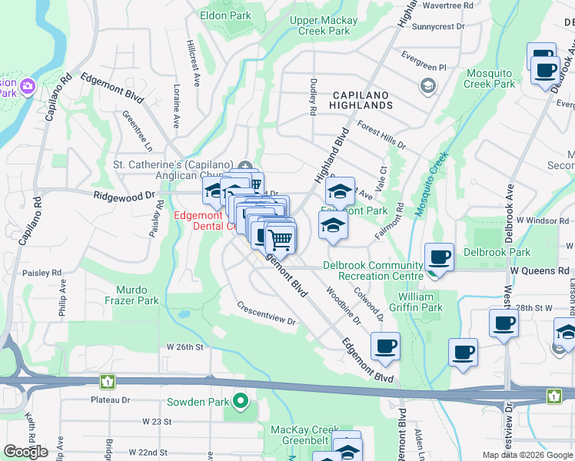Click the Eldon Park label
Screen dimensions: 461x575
[x=225, y=15]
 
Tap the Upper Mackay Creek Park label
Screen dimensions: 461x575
[x=323, y=25]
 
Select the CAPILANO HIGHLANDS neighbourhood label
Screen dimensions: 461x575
[x=361, y=99]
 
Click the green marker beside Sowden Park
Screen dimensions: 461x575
[x=241, y=401]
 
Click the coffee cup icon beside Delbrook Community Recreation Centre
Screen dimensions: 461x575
[x=439, y=257]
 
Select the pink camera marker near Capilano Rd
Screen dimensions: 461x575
[x=28, y=85]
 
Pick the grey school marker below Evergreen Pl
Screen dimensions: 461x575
[x=427, y=85]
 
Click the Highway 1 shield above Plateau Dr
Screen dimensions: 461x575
[x=108, y=380]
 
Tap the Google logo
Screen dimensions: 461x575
[x=25, y=451]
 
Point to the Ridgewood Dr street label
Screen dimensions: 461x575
[x=124, y=197]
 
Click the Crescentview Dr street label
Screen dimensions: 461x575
[x=266, y=316]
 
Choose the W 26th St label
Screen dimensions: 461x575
[x=184, y=347]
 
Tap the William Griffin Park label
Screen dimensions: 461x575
[x=420, y=302]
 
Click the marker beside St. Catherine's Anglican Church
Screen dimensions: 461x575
[x=244, y=165]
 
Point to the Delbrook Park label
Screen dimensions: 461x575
[x=497, y=252]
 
